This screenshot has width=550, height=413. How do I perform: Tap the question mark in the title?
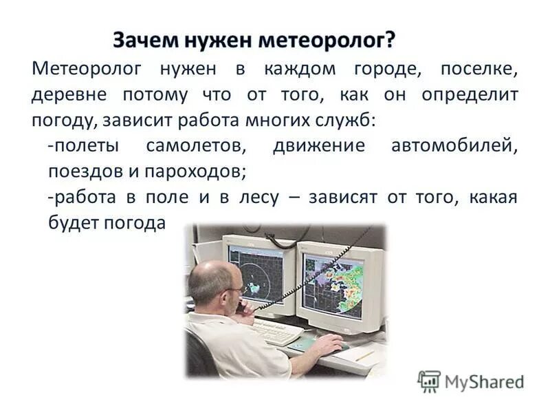[x=390, y=41]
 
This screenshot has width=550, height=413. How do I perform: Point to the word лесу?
[x=257, y=198]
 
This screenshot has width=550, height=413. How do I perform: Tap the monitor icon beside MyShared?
[x=429, y=381]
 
